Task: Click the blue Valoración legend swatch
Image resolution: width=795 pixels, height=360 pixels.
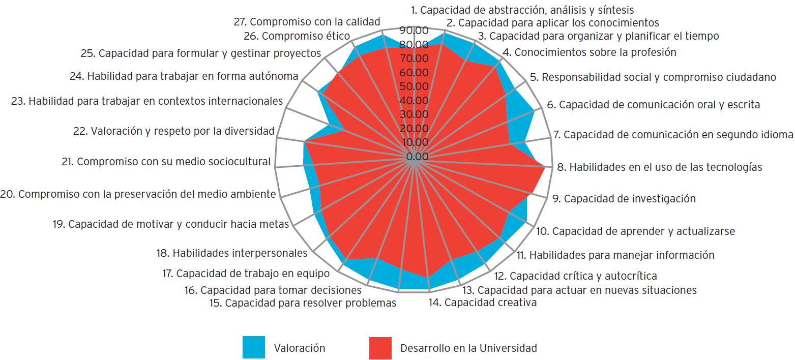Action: [x=254, y=348]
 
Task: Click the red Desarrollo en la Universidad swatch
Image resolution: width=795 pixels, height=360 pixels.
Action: [x=380, y=348]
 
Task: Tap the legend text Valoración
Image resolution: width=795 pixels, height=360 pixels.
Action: [x=300, y=348]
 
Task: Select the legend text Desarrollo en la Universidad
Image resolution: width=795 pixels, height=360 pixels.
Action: [x=468, y=348]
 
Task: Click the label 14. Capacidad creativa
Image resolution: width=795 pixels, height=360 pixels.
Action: [x=483, y=303]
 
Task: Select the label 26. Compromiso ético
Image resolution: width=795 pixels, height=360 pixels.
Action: [x=304, y=36]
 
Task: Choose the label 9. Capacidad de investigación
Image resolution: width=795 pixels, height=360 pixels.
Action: [x=624, y=198]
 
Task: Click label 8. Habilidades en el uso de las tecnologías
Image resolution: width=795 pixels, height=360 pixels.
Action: [x=659, y=167]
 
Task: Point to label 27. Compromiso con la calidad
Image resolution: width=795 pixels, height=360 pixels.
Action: [x=307, y=22]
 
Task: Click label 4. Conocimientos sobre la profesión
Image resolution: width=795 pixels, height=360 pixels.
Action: [x=589, y=52]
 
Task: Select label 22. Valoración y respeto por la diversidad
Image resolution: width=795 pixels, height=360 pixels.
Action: [x=173, y=131]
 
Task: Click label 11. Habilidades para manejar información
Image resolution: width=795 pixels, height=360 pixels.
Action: [x=615, y=255]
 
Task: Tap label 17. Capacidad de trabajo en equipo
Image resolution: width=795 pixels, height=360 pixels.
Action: [x=246, y=274]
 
